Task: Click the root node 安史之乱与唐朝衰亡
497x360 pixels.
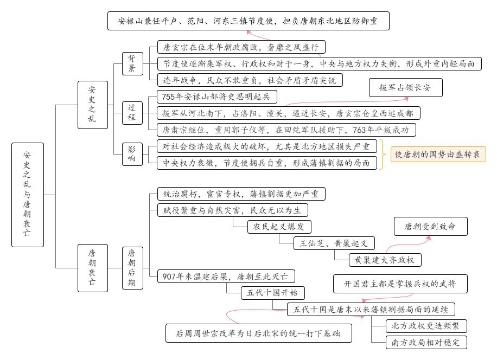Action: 27,195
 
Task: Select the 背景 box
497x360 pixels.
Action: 132,63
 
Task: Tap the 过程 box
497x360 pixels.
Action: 132,113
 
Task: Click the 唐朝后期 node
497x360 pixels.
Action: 132,268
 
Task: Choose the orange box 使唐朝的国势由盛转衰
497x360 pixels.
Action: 437,154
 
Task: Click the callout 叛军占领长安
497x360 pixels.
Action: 405,88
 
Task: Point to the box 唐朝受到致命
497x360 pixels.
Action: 430,226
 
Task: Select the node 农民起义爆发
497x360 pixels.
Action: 279,227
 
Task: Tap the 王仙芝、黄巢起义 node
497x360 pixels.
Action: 334,243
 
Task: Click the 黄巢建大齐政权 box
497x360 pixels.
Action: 384,260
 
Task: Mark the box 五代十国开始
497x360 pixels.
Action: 273,293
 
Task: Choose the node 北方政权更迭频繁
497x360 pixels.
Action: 426,326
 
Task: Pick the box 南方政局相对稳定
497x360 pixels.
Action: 426,342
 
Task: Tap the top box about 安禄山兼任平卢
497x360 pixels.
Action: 247,22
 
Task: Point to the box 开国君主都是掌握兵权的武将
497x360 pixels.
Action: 400,284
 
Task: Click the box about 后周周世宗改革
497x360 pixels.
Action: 259,333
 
